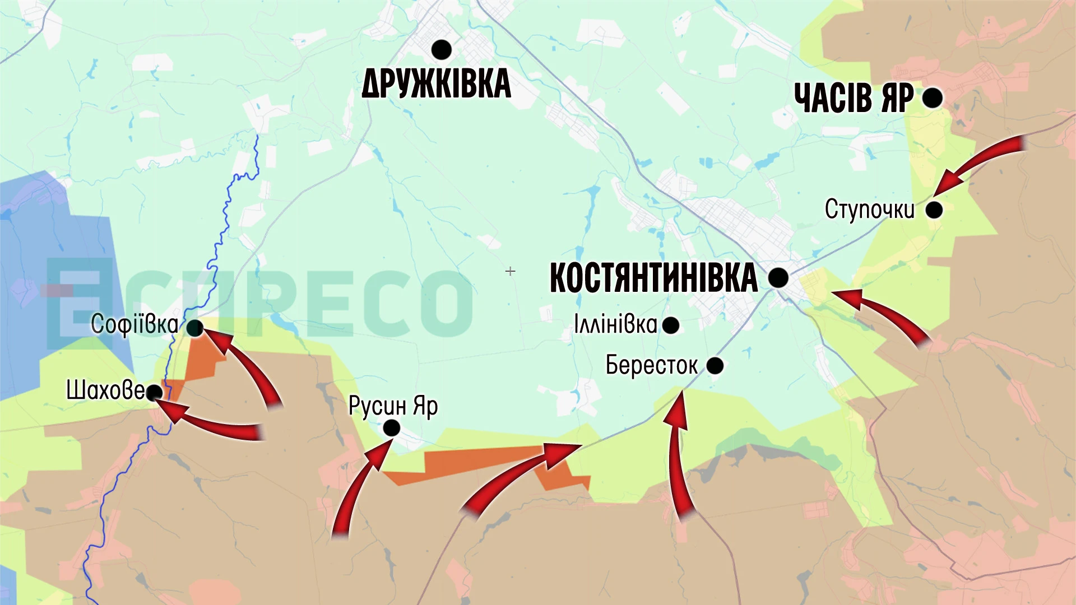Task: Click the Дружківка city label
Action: point(436,84)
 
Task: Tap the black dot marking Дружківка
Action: point(442,49)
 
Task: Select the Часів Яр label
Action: point(854,98)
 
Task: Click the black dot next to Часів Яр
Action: point(932,98)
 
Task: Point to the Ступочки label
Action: point(869,210)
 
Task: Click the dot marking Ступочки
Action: point(934,210)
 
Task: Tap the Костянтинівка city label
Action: point(653,278)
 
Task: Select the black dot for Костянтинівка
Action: point(778,277)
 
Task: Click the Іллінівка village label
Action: point(615,324)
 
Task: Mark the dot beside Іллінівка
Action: point(670,325)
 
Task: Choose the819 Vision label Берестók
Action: point(652,365)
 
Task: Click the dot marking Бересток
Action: point(715,366)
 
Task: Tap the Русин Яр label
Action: point(393,406)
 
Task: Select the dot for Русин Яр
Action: point(391,429)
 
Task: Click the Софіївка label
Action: point(134,324)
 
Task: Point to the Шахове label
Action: point(105,390)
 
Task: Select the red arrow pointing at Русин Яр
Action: point(359,487)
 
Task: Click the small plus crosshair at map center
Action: point(510,272)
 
